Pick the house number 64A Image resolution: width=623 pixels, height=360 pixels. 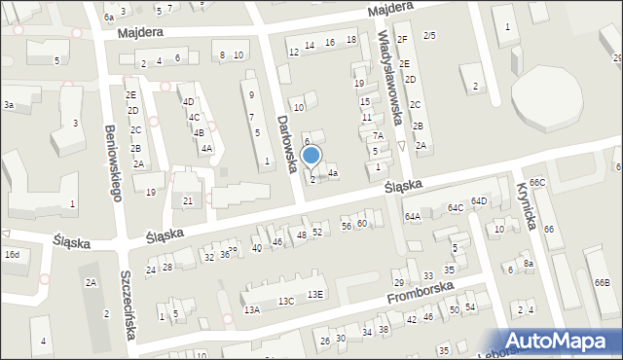point(413,216)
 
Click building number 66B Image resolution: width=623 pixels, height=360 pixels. point(602,282)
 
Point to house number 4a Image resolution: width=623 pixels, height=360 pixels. point(333,173)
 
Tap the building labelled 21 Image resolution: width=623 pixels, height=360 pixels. point(188,200)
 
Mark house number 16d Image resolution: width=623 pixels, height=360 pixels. point(11,254)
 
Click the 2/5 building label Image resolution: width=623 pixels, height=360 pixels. point(429,36)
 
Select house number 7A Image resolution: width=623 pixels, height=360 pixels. point(378,136)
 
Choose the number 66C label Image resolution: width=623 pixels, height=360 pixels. point(537,183)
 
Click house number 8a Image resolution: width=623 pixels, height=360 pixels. point(529,264)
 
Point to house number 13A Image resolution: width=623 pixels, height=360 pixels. point(252,309)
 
